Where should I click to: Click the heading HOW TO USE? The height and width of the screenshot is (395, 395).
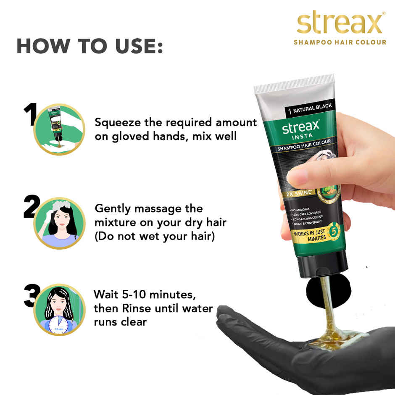pyautogui.click(x=89, y=47)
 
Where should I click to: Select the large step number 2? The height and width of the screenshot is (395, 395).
pyautogui.click(x=30, y=208)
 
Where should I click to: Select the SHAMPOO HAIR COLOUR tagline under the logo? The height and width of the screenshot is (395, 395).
pyautogui.click(x=340, y=42)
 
